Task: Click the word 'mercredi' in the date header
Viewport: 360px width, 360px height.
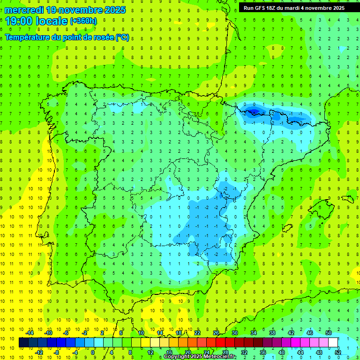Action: point(25,10)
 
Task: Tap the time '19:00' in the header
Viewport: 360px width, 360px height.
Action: point(18,21)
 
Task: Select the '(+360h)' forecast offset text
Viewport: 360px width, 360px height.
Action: point(83,21)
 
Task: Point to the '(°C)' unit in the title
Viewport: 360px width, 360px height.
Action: point(122,37)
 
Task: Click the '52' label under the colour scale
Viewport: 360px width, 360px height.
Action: point(338,352)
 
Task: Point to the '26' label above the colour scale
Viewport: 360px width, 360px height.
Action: point(216,333)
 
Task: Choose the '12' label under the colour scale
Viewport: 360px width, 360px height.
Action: point(150,352)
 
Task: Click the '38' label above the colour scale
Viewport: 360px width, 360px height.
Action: point(272,333)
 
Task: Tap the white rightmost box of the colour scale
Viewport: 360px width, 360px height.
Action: point(333,343)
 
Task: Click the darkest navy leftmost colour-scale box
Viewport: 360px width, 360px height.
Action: point(23,343)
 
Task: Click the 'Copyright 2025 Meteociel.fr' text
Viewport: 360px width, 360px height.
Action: point(200,357)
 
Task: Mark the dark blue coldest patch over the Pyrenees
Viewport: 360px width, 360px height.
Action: point(253,111)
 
